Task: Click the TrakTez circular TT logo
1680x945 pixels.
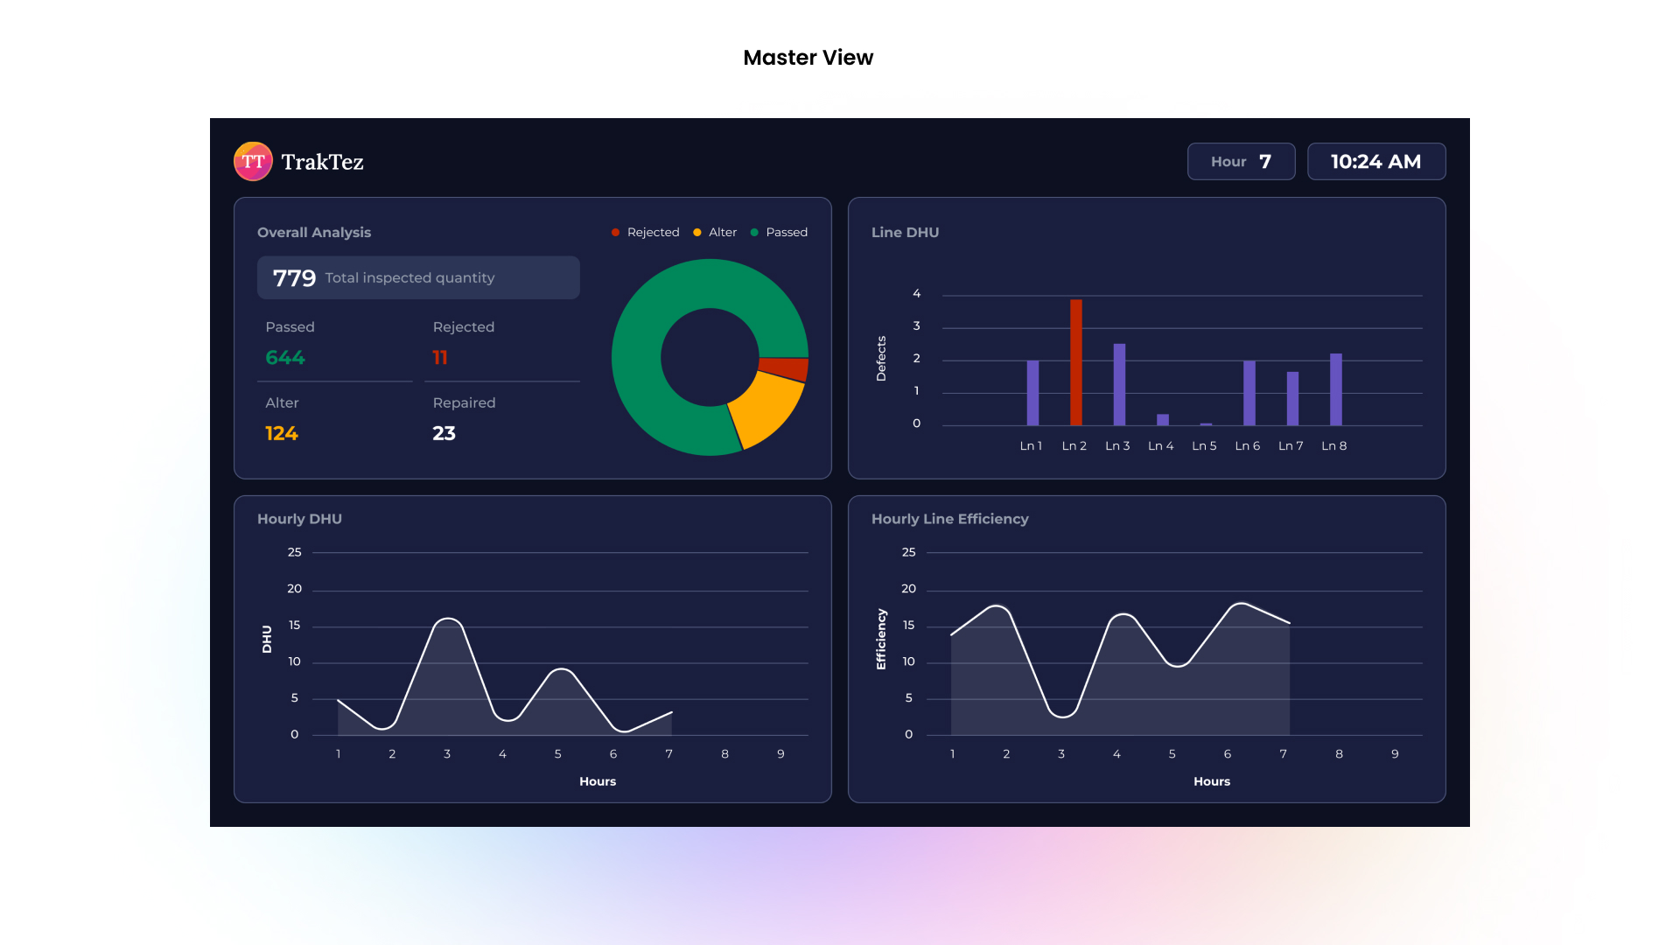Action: point(253,162)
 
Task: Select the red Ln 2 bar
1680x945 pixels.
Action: point(1075,362)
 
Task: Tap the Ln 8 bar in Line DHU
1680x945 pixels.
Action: point(1335,389)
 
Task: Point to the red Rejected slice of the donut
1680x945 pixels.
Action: point(783,368)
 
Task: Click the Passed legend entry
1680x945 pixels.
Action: point(779,233)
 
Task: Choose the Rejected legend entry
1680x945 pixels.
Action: point(645,233)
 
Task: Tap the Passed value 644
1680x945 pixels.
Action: point(285,358)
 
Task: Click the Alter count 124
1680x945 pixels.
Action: point(282,434)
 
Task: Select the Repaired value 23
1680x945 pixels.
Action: point(444,434)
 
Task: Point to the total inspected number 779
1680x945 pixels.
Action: point(294,278)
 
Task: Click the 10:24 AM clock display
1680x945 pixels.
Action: point(1375,162)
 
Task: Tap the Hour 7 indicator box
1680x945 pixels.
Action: point(1241,162)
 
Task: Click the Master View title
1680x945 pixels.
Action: point(808,58)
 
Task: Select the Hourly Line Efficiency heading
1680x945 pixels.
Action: point(949,519)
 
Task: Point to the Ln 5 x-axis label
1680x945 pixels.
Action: point(1204,446)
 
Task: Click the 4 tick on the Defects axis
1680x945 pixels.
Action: point(916,294)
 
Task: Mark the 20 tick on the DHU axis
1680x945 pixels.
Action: point(294,589)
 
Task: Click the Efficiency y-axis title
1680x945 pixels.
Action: point(881,640)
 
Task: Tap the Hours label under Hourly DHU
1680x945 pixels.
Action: point(598,781)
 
